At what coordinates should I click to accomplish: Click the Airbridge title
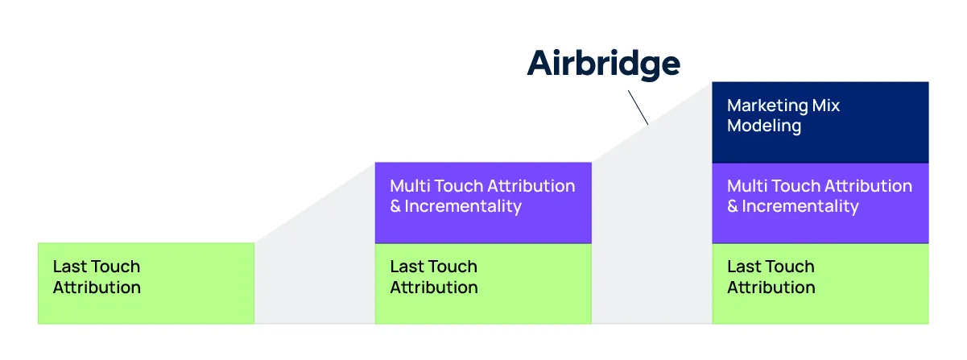[604, 64]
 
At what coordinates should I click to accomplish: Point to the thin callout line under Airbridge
[638, 107]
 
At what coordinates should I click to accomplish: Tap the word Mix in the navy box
[826, 106]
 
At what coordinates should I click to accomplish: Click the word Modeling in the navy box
[764, 126]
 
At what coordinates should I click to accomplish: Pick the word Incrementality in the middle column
[463, 206]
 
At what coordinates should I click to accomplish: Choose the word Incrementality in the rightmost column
[800, 206]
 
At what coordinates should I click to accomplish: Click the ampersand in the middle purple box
[395, 206]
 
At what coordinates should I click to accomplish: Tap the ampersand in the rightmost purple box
[733, 206]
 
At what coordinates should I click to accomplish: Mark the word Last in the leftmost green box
[68, 267]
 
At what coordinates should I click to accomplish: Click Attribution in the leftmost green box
[97, 288]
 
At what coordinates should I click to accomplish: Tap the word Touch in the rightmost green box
[789, 267]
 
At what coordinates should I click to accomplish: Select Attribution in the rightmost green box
[771, 288]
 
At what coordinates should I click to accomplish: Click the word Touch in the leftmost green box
[114, 267]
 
